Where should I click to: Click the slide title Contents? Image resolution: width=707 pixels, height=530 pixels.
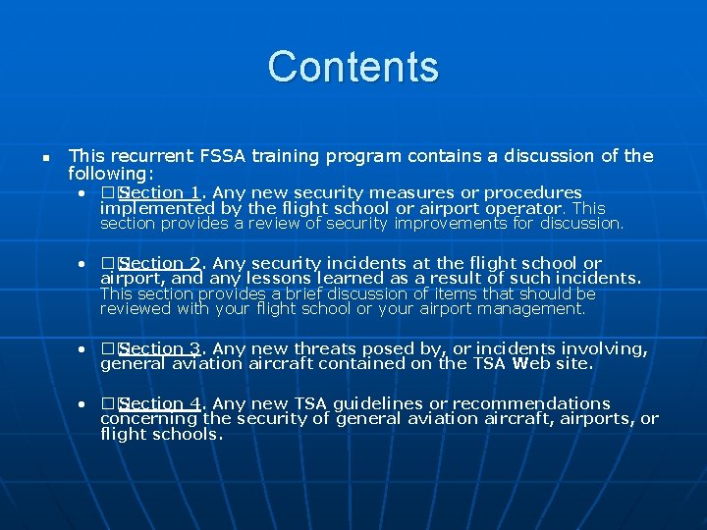353,67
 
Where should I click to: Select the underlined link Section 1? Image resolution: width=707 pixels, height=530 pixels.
161,193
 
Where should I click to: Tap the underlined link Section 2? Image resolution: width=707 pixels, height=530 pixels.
161,264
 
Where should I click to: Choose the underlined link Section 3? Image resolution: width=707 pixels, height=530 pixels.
161,349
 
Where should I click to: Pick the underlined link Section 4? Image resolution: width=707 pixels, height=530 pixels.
161,404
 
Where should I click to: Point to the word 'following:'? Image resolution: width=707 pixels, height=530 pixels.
107,173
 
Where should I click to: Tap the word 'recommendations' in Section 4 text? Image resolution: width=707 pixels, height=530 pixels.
530,404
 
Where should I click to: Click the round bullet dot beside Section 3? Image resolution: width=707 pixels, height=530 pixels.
85,349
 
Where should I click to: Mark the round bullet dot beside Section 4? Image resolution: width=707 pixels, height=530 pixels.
85,404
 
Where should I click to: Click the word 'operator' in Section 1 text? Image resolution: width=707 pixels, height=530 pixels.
525,208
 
